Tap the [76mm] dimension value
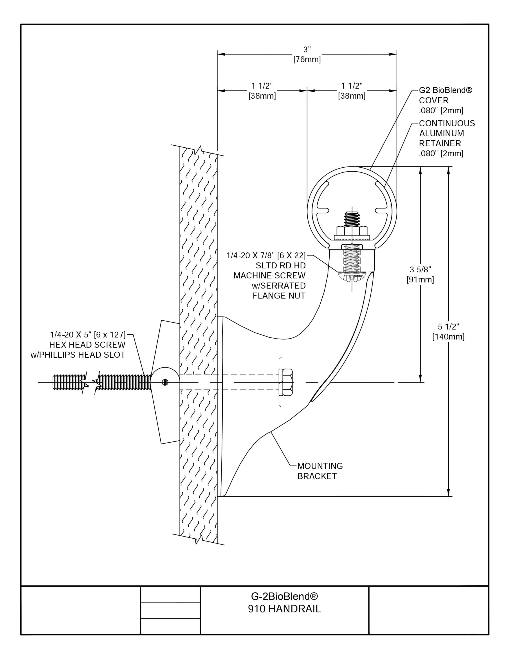(307, 60)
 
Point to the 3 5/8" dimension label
(420, 270)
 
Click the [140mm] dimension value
(448, 337)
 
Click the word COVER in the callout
(434, 100)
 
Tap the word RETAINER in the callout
(440, 143)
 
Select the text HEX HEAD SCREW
(87, 345)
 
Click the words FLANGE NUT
(279, 296)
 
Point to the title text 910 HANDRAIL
(284, 609)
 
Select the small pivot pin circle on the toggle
(165, 382)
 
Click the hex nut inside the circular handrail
(352, 232)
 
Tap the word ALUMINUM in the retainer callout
(441, 133)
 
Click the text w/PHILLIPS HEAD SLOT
(78, 355)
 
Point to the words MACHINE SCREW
(269, 275)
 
